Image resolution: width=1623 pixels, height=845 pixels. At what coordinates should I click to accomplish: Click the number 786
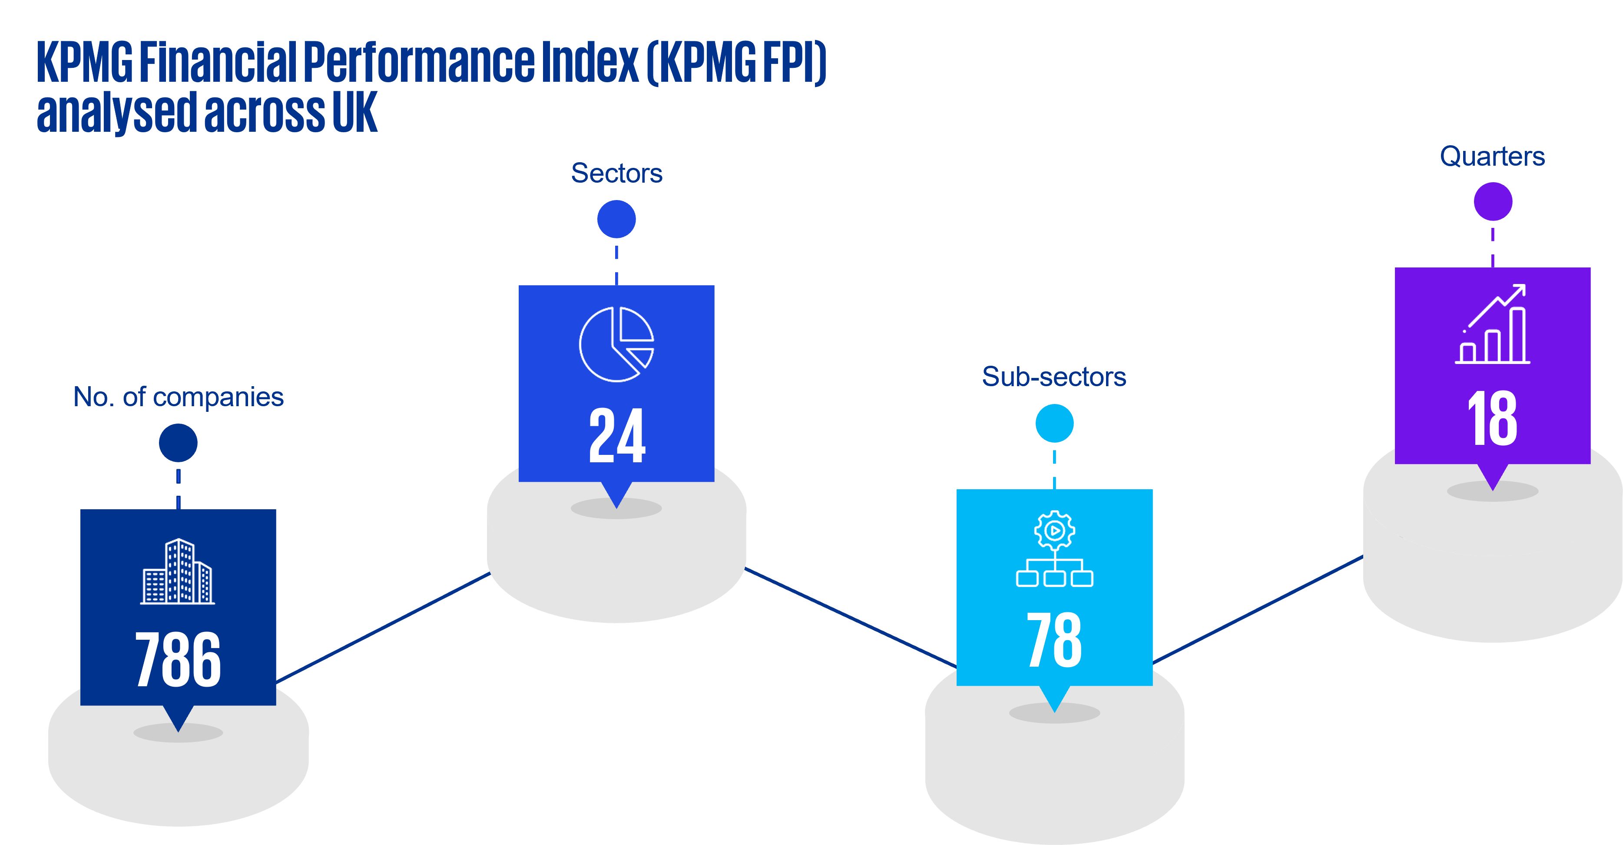[178, 660]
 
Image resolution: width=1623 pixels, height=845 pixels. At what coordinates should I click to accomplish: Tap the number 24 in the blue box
[617, 436]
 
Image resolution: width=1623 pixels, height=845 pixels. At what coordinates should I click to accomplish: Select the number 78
[1054, 640]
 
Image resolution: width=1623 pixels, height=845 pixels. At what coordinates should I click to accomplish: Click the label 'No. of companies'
[178, 397]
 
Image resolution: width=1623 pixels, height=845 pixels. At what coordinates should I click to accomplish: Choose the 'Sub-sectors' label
[1053, 377]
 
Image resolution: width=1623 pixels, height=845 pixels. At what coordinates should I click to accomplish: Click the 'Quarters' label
[1492, 157]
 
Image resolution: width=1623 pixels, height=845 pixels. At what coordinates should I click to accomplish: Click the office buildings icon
[178, 571]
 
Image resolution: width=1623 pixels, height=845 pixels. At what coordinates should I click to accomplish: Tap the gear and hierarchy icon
[1054, 549]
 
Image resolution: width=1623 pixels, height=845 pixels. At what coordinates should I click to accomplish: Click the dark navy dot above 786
[178, 443]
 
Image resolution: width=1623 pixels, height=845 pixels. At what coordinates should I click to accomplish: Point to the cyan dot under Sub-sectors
[1054, 423]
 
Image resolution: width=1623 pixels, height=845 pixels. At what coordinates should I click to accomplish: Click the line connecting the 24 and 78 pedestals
[851, 618]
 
